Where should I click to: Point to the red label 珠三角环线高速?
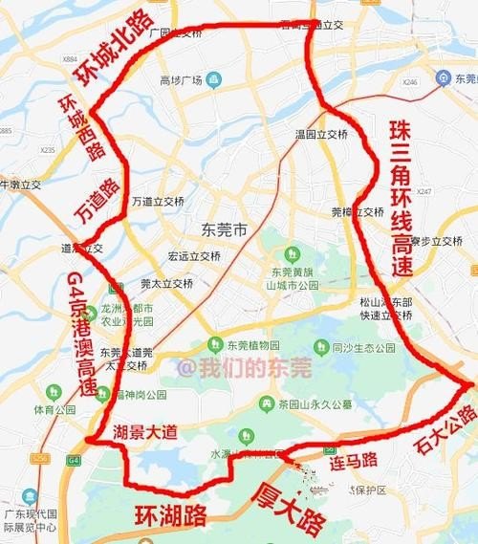402,199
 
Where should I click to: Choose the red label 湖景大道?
144,432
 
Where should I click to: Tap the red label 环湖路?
169,516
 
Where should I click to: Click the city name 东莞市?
225,229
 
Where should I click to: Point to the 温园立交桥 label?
320,134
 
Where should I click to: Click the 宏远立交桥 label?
188,255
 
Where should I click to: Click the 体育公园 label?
54,410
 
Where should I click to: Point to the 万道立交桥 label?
158,201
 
